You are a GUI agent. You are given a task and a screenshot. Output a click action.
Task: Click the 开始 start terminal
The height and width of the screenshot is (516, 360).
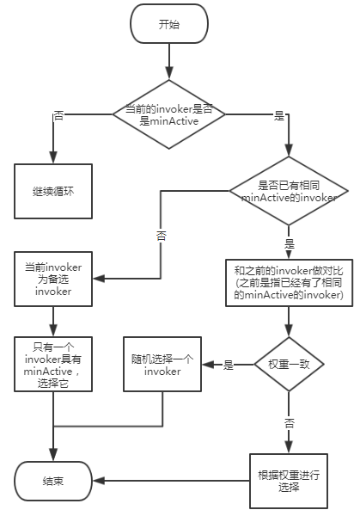(x=169, y=25)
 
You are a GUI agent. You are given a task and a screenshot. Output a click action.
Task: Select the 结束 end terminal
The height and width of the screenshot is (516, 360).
(x=52, y=480)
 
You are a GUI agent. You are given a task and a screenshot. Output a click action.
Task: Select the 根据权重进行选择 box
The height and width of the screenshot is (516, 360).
(x=288, y=480)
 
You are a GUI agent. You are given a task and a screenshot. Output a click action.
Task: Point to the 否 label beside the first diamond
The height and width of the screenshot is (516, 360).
(x=58, y=114)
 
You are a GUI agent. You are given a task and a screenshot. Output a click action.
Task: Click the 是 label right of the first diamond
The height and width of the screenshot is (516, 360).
(x=278, y=115)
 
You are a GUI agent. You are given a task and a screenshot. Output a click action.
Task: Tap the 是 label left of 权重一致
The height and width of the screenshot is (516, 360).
(x=229, y=365)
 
